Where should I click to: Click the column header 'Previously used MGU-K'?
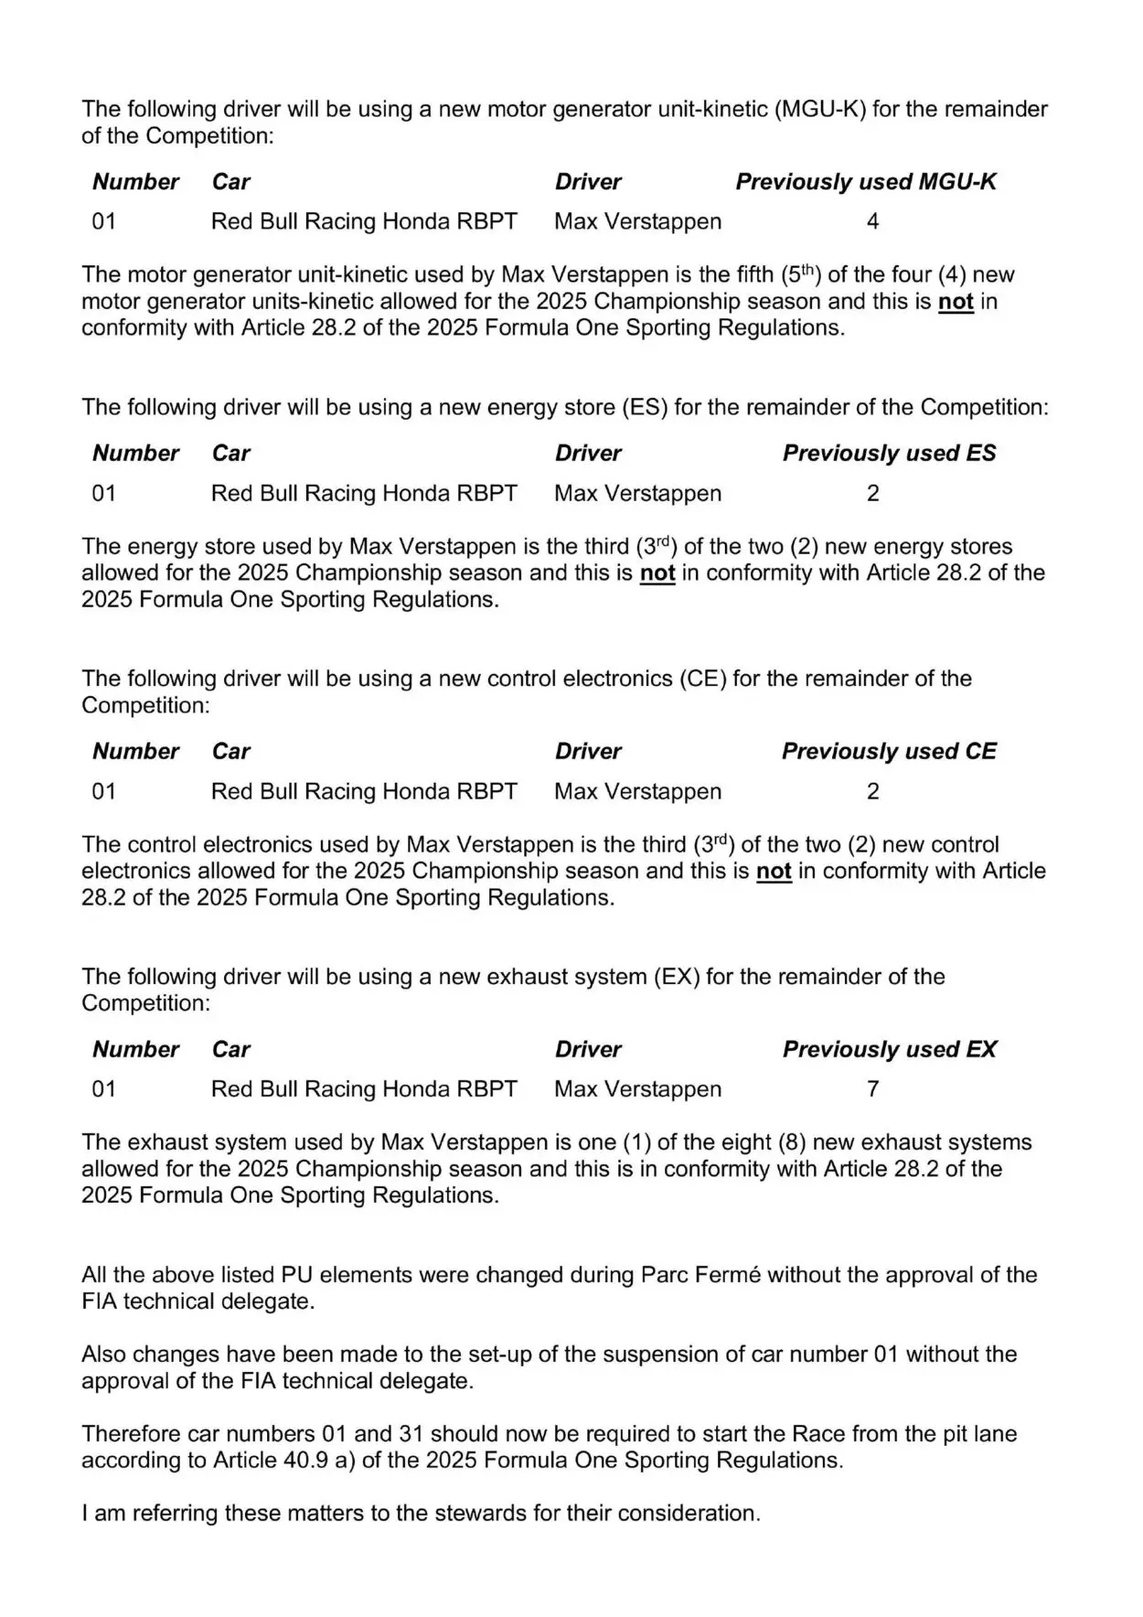(865, 182)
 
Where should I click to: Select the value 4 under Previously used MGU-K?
(872, 221)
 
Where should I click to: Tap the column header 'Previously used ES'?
(889, 454)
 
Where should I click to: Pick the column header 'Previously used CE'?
(889, 752)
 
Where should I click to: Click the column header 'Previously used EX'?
(889, 1050)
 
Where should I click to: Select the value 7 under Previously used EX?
(872, 1089)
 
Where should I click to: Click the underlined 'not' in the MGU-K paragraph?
(956, 302)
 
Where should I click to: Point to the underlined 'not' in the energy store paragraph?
(657, 573)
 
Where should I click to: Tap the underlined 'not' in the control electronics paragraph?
(774, 872)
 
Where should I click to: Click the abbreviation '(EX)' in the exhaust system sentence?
(676, 978)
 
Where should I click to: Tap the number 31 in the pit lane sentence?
(408, 1434)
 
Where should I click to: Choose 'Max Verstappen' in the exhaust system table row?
(637, 1089)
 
